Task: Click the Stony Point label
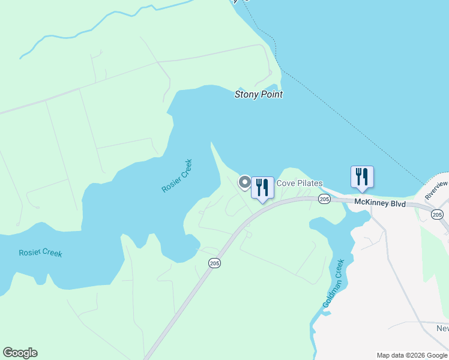click(x=258, y=94)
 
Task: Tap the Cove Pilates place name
click(x=300, y=183)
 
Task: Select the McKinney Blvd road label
click(x=379, y=203)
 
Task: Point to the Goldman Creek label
click(x=334, y=284)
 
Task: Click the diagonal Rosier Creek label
click(x=177, y=176)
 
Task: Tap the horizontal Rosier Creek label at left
click(x=40, y=253)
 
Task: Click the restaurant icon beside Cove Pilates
click(x=262, y=187)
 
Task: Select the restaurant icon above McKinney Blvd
click(x=362, y=176)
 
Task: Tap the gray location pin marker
click(x=245, y=182)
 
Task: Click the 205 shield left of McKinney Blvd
click(x=324, y=199)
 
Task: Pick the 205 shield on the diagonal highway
click(x=214, y=263)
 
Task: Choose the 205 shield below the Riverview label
click(x=437, y=214)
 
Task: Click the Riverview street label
click(x=436, y=190)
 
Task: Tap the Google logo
click(x=20, y=353)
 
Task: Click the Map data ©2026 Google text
click(x=412, y=355)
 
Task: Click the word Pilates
click(x=310, y=183)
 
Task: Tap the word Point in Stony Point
click(x=271, y=94)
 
